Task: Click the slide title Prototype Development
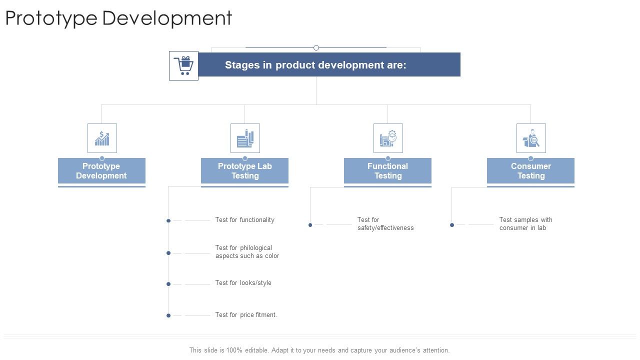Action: [x=118, y=18]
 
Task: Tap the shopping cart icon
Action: [x=183, y=65]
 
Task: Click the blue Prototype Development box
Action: [x=101, y=171]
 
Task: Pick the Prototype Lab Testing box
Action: [x=244, y=171]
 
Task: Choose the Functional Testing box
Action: [x=387, y=171]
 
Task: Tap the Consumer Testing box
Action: [x=530, y=171]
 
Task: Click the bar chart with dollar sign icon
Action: [x=102, y=138]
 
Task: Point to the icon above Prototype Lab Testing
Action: [x=245, y=138]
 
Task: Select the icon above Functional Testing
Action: [x=388, y=138]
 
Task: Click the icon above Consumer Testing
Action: [x=531, y=138]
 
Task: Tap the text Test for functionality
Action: [x=245, y=220]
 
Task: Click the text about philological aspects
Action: [x=247, y=252]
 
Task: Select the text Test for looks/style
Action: [x=243, y=283]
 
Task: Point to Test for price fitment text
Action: [x=246, y=315]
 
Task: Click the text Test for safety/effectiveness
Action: [x=385, y=224]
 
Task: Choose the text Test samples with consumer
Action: [x=525, y=224]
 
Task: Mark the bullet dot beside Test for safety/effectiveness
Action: [x=310, y=225]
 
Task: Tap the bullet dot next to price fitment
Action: [x=168, y=315]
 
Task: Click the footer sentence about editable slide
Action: [x=319, y=350]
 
